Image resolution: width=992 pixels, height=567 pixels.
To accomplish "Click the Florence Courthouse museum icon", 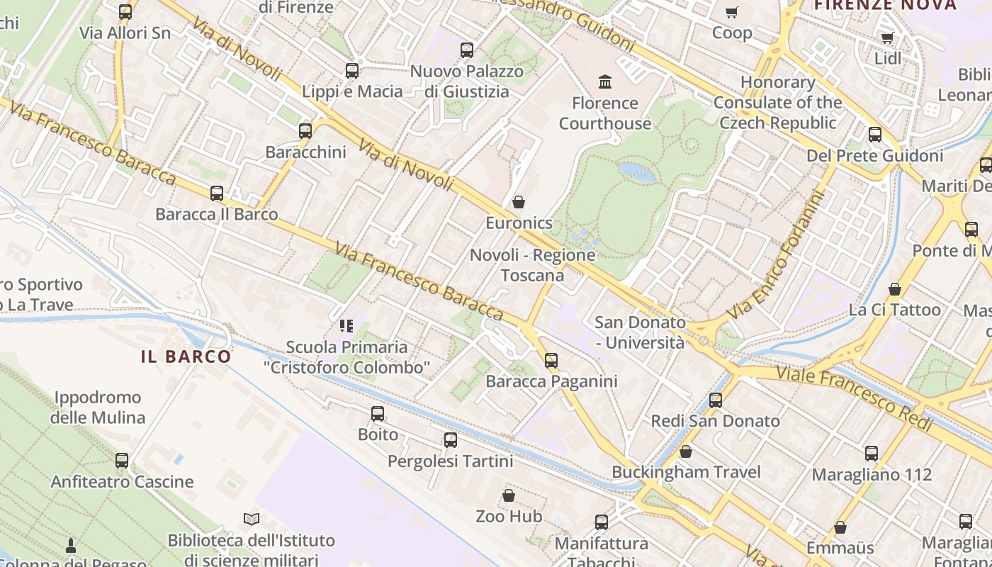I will (605, 82).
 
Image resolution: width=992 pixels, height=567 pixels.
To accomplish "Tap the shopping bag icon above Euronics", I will (519, 202).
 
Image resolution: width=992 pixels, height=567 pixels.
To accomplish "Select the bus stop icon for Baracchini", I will (305, 131).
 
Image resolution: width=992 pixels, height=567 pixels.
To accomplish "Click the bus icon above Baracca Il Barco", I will (217, 193).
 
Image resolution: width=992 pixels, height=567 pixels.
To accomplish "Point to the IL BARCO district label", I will (186, 357).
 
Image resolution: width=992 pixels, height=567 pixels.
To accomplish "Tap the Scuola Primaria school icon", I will (346, 326).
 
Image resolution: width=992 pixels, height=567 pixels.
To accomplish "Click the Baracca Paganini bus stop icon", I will (551, 360).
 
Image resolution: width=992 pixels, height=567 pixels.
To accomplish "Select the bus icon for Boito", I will (378, 413).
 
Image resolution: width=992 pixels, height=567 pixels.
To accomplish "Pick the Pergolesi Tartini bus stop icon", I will (451, 440).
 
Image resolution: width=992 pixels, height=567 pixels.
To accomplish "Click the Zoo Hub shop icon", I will (509, 495).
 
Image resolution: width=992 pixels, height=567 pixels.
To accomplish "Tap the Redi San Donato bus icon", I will (716, 400).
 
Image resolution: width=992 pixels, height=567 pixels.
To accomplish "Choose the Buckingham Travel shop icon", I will (686, 451).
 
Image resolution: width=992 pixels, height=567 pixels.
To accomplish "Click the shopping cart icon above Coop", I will (732, 12).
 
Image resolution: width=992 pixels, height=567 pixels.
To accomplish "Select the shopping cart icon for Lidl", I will (887, 38).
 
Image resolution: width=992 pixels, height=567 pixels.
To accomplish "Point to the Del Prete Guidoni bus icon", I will (875, 135).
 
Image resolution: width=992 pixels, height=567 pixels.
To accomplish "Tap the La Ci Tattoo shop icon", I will (895, 289).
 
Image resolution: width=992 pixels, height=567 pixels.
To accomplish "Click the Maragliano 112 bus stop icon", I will (872, 454).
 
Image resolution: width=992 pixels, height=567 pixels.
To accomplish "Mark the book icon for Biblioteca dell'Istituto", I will (252, 520).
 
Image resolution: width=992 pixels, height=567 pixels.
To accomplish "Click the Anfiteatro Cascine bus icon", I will (122, 461).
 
